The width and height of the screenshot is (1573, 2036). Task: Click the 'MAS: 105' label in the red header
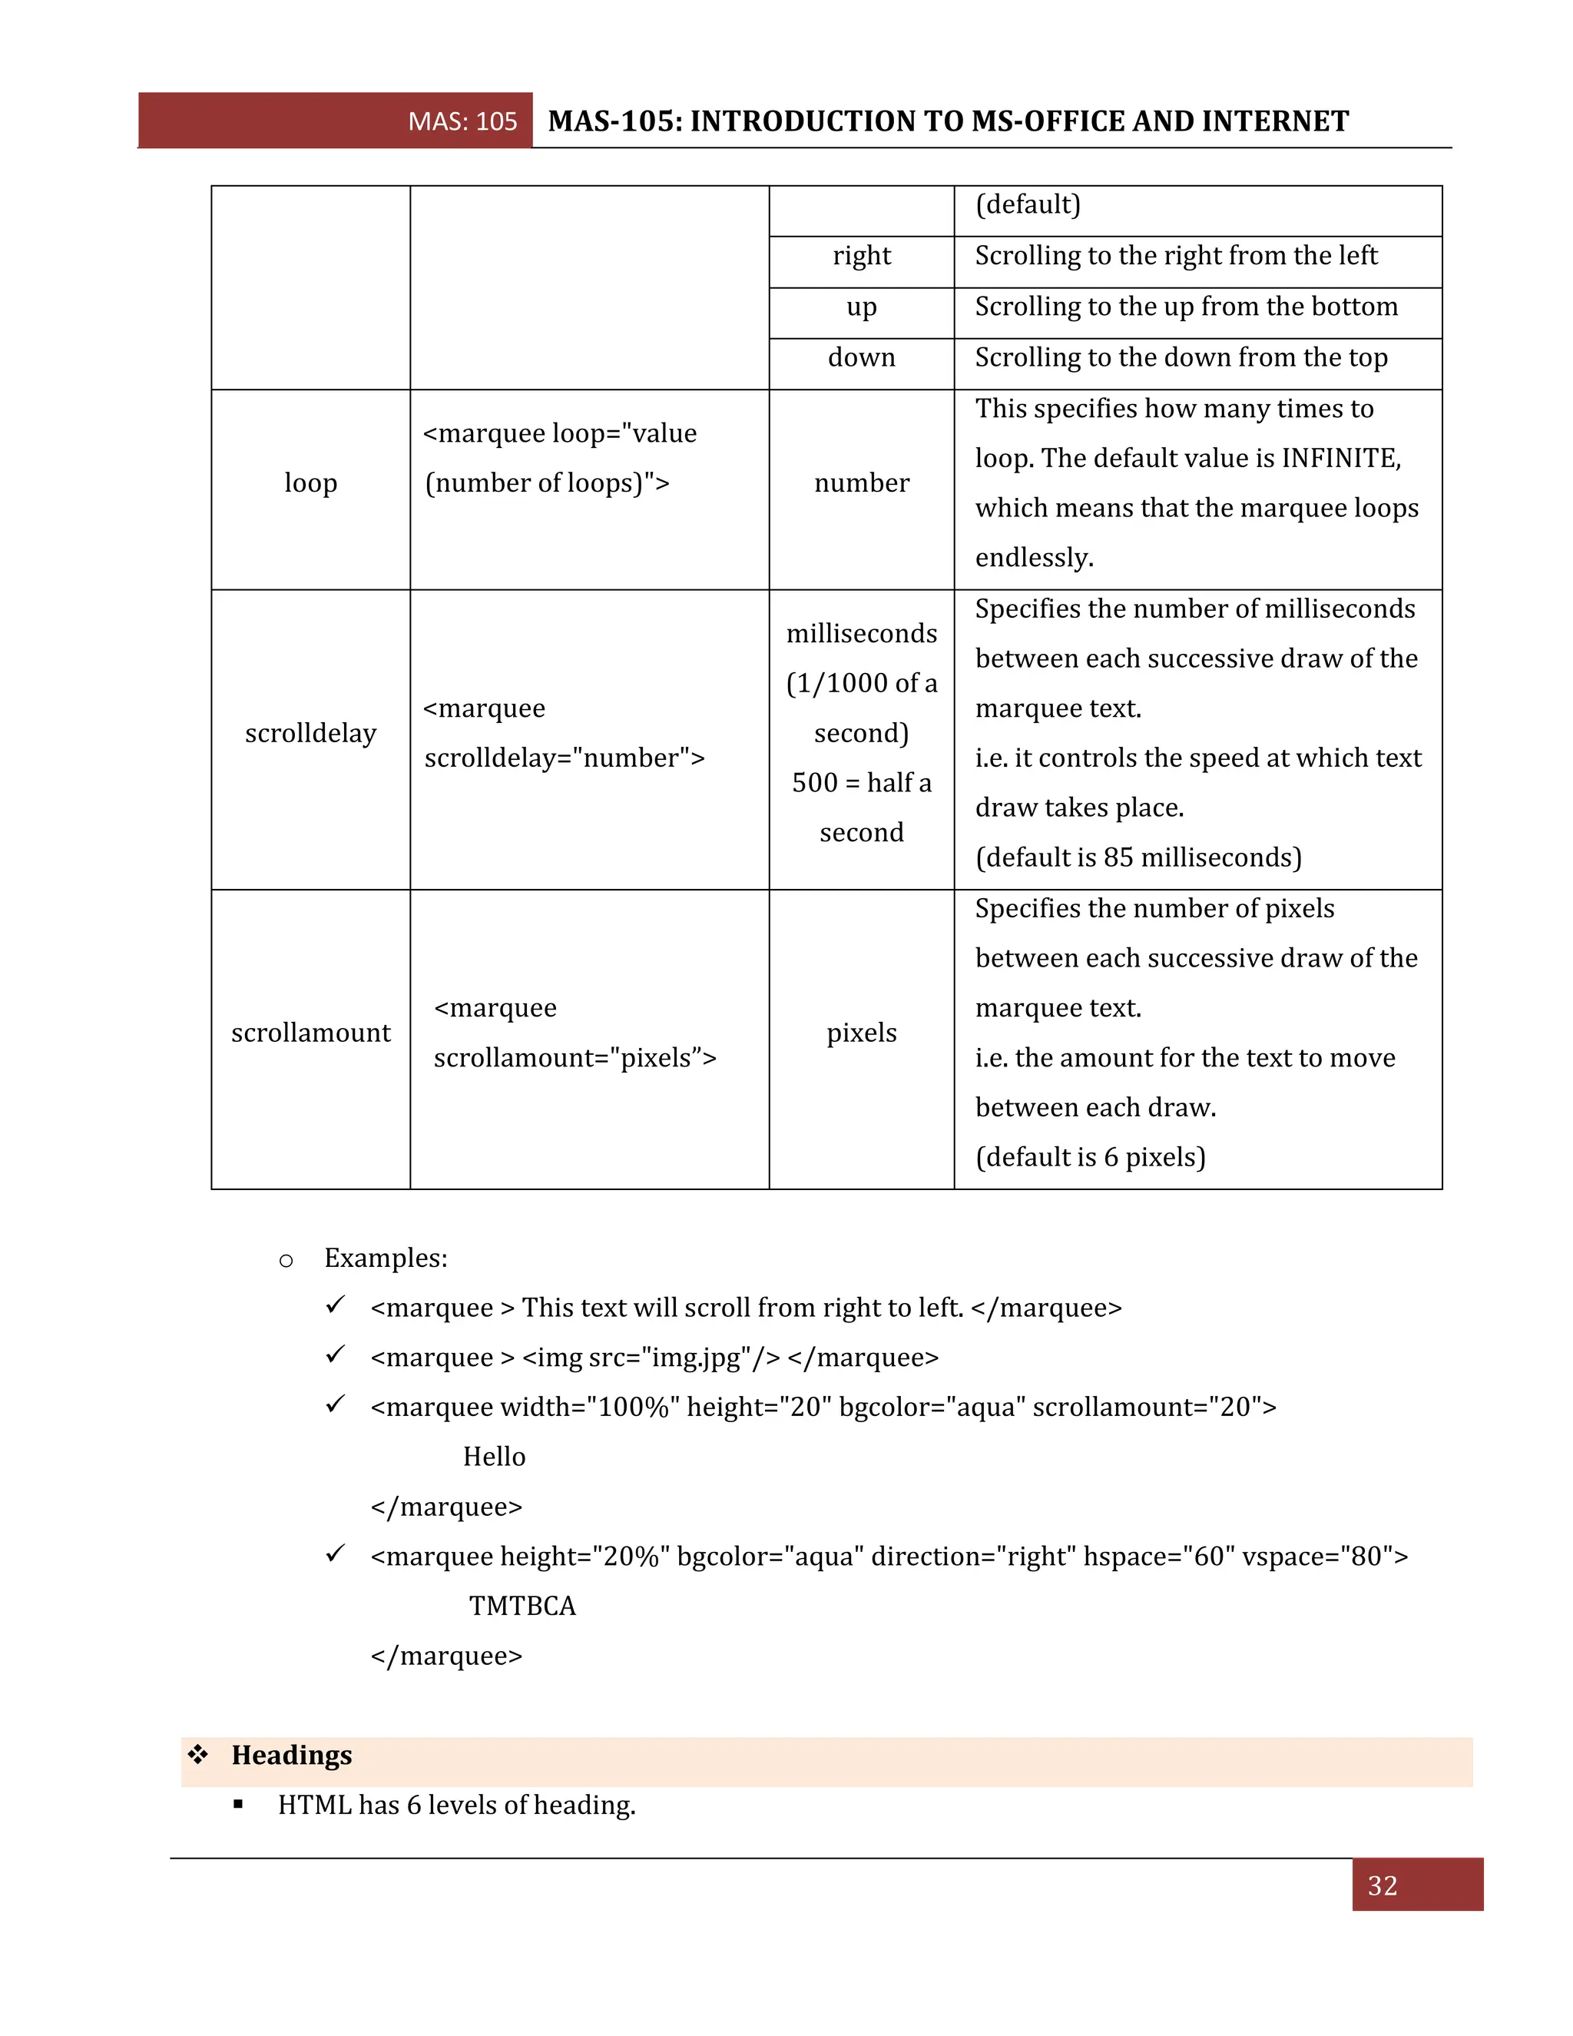pyautogui.click(x=462, y=121)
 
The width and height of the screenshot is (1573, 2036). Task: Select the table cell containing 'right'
pyautogui.click(x=861, y=255)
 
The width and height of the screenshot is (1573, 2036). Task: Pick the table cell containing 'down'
pyautogui.click(x=861, y=357)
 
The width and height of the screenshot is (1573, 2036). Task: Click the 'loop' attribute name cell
pyautogui.click(x=310, y=483)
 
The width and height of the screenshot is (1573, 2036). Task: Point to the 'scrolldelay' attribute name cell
pyautogui.click(x=310, y=733)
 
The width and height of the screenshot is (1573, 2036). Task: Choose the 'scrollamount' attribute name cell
pyautogui.click(x=310, y=1033)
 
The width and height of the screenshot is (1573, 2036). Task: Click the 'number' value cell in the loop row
pyautogui.click(x=861, y=483)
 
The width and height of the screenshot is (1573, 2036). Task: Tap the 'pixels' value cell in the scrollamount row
pyautogui.click(x=861, y=1033)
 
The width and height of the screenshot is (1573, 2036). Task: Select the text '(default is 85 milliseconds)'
pyautogui.click(x=1138, y=857)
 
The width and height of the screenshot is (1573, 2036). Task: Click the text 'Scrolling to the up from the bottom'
pyautogui.click(x=1185, y=307)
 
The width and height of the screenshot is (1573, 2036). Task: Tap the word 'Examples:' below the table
pyautogui.click(x=386, y=1258)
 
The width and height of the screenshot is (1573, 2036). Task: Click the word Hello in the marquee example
pyautogui.click(x=494, y=1457)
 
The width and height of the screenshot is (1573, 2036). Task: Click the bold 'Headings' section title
pyautogui.click(x=292, y=1756)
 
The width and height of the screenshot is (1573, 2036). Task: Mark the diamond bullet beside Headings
pyautogui.click(x=197, y=1755)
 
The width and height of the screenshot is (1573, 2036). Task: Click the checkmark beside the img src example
pyautogui.click(x=336, y=1355)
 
